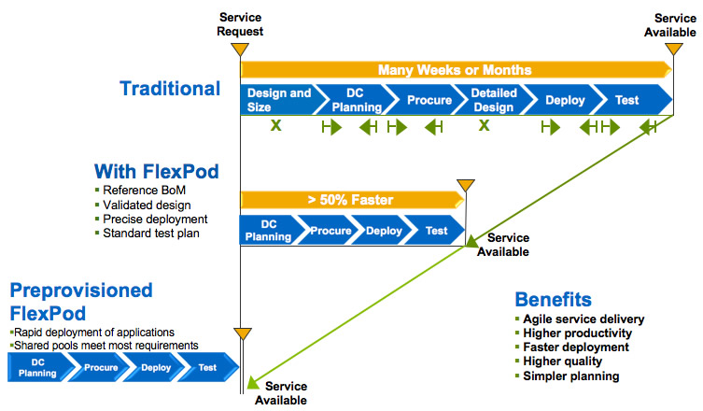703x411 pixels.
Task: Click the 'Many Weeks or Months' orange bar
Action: [x=456, y=69]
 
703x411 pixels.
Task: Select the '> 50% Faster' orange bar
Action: [x=351, y=199]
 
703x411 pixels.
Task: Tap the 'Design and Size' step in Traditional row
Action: [x=276, y=100]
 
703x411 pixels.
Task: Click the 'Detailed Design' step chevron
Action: [x=492, y=100]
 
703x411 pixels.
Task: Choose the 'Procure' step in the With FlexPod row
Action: [x=330, y=231]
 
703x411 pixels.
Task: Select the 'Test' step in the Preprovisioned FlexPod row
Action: [x=208, y=367]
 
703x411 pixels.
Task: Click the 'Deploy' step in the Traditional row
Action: [x=564, y=100]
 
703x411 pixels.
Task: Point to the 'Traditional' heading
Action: [x=170, y=89]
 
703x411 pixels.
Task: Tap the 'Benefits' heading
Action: [x=553, y=300]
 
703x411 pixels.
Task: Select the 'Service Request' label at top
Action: [x=241, y=24]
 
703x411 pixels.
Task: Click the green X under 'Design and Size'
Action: [x=276, y=125]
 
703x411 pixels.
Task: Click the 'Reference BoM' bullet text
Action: [x=141, y=191]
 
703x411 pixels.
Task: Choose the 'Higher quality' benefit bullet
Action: [x=562, y=361]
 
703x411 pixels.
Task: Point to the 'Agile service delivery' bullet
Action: [x=583, y=319]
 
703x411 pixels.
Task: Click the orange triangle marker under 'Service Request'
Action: [x=241, y=49]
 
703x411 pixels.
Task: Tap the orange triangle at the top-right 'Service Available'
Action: [x=674, y=49]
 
